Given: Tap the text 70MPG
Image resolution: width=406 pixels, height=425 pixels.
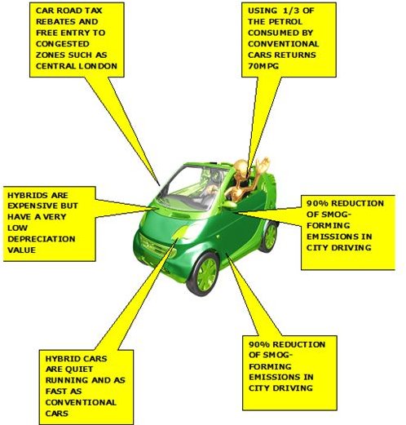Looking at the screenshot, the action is coord(263,66).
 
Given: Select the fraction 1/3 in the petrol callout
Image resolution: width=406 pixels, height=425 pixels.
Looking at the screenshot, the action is coord(289,11).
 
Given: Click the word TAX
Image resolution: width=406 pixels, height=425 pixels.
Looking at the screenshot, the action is coord(93,11).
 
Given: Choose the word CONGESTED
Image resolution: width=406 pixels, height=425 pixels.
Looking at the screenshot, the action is coord(63,44).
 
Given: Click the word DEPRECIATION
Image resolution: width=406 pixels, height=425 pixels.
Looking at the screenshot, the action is coord(42,239).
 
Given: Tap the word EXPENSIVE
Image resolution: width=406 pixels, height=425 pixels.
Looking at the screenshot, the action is coord(33,206).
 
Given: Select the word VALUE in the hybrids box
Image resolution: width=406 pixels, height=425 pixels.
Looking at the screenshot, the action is coord(21,250).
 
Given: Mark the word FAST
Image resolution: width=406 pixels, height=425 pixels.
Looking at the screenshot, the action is coord(56,392).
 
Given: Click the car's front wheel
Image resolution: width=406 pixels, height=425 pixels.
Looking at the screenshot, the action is coord(203,274).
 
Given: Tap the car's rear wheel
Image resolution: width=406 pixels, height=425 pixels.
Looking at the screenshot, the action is coord(269,237).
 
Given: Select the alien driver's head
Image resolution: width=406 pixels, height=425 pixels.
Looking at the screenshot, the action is coord(241,168).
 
